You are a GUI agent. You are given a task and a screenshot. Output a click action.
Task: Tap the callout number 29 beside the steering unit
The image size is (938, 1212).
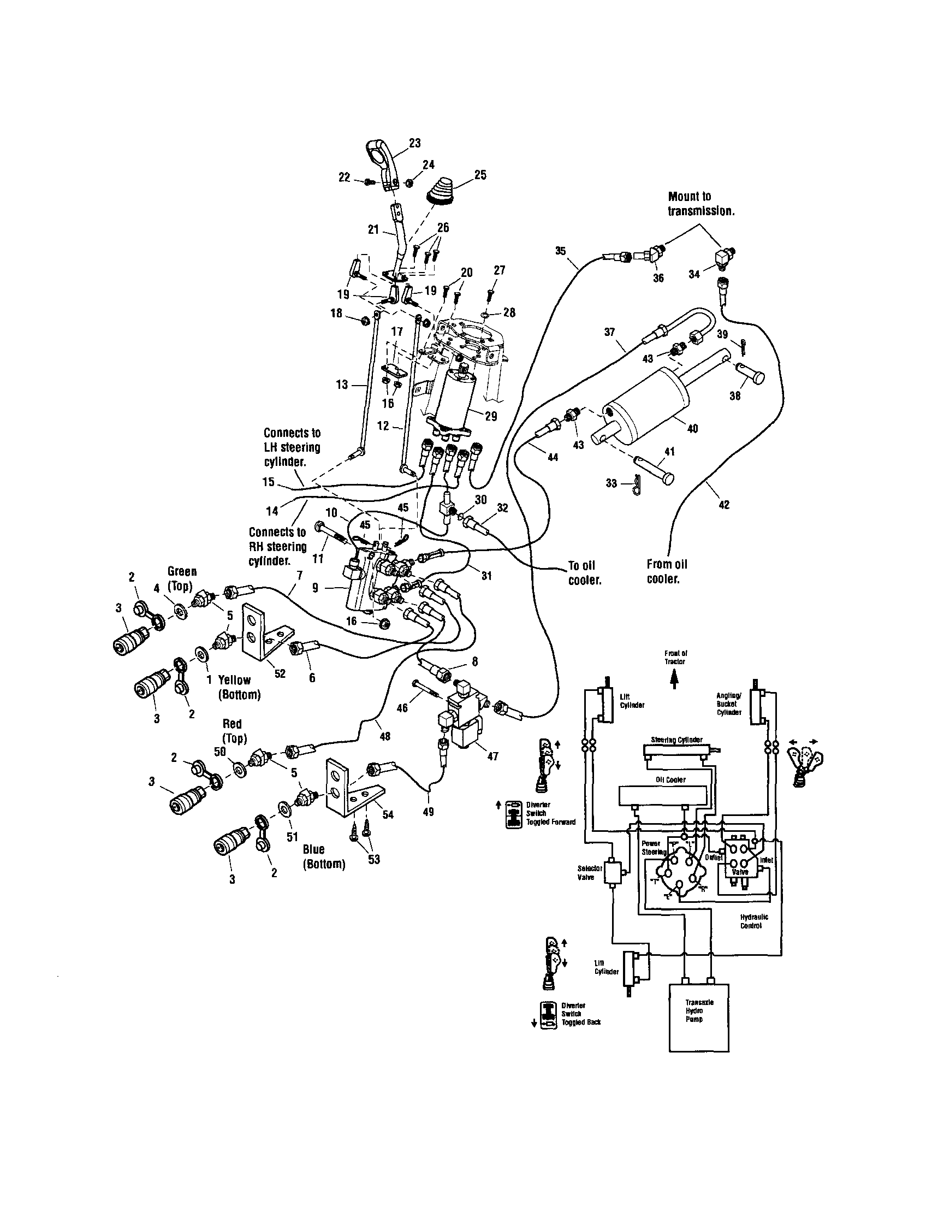[490, 416]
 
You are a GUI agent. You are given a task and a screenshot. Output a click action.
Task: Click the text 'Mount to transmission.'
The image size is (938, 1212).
[700, 204]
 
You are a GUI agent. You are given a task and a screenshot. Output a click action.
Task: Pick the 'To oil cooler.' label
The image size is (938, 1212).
[584, 573]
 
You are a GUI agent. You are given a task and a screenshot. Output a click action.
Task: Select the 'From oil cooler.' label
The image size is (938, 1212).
[666, 571]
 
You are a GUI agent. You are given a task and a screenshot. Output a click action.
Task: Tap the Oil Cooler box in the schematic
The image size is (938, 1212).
[663, 795]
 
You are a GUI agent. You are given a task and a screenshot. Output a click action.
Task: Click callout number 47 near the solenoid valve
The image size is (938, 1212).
[491, 756]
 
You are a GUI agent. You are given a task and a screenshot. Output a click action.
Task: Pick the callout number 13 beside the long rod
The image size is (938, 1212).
[342, 384]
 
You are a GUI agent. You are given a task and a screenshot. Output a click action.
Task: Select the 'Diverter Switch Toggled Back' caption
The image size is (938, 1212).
[581, 1014]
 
